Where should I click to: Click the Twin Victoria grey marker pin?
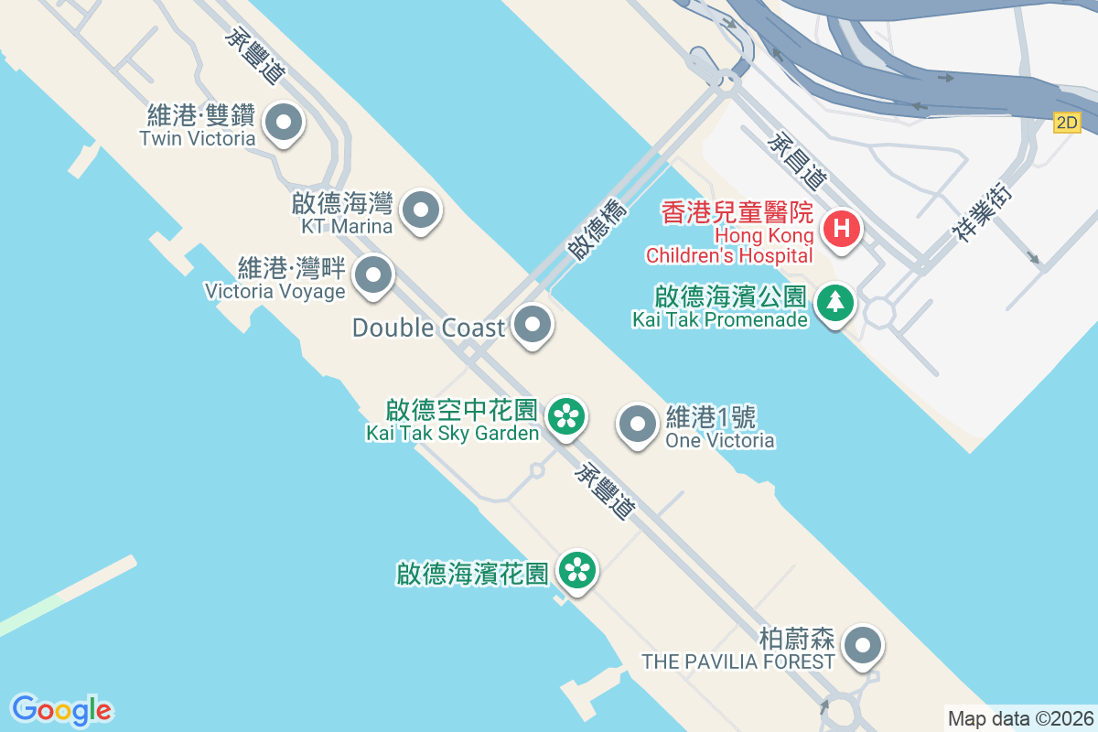click(283, 122)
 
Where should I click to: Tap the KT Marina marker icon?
click(421, 210)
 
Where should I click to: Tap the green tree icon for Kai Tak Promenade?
click(834, 302)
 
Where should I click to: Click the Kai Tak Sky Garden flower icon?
click(567, 417)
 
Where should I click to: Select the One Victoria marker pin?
click(638, 424)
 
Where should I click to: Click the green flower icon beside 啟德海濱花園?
click(577, 571)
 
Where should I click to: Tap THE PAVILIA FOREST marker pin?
click(862, 645)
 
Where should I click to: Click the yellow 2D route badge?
click(1067, 123)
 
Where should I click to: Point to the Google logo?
click(61, 709)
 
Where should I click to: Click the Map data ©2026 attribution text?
click(1020, 718)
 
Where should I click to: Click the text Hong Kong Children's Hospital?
click(729, 245)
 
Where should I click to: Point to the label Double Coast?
click(428, 328)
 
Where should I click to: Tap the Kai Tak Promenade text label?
click(719, 319)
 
